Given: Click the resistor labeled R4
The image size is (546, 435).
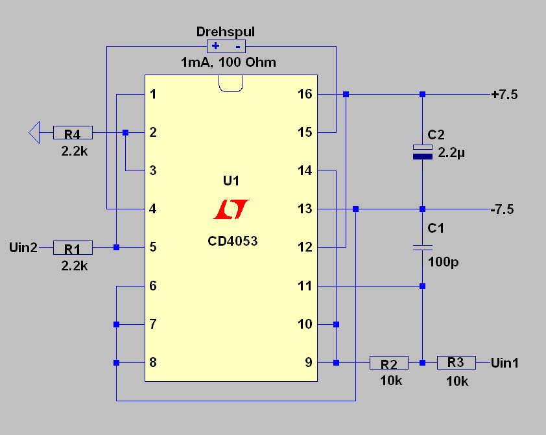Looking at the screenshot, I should pos(73,133).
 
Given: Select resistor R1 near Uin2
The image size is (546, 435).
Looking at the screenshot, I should pos(73,247).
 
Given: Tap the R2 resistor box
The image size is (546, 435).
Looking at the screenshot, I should pos(389,362).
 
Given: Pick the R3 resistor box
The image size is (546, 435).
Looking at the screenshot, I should pos(457,362).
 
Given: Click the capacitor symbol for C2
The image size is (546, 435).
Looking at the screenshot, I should pos(422,152).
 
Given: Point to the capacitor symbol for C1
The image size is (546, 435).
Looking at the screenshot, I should pos(422,247).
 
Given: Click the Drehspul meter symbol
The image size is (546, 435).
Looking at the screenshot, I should pos(226,46).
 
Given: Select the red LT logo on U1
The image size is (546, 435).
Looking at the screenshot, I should pos(231,209).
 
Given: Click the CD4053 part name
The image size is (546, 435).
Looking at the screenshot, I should pos(232,241).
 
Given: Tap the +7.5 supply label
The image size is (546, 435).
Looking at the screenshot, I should pos(504,95).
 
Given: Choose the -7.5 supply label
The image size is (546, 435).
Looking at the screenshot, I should pos(503,209).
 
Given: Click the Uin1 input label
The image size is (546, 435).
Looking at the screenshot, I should pos(505,362).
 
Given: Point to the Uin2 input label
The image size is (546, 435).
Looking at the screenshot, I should pos(23,247).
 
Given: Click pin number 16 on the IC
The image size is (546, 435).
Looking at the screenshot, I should pos(305,95).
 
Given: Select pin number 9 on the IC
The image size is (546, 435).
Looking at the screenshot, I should pos(309,362).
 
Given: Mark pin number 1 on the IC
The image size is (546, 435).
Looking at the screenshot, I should pos(153,95).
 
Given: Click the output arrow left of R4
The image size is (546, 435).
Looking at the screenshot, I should pos(34,133).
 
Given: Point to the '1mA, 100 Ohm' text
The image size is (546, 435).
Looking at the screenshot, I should pos(228,63).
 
